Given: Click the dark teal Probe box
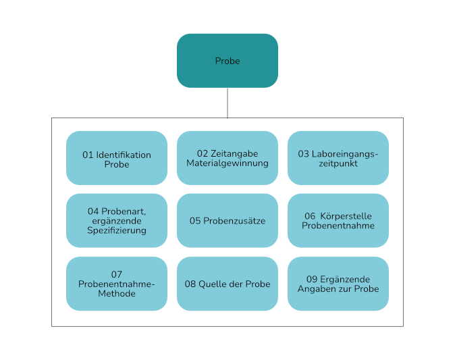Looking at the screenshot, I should [x=228, y=61].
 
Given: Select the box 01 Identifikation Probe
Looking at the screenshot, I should [x=117, y=158].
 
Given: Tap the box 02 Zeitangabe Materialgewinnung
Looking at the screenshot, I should [x=228, y=158].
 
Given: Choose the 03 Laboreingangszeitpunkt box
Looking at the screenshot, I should [x=338, y=158].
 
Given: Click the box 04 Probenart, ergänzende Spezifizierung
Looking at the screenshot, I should [x=117, y=221].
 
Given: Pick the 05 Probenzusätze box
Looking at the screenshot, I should [x=228, y=221].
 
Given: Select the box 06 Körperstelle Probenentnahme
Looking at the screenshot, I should [x=338, y=221].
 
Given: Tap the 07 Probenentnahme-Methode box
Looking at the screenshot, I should [x=117, y=284].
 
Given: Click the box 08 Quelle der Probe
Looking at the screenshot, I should [x=228, y=284].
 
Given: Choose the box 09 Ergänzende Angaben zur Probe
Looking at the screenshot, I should [x=338, y=284].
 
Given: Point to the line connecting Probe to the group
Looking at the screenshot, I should [x=228, y=103].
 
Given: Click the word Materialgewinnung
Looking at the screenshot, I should [x=228, y=163].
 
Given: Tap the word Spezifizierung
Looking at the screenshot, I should [x=117, y=230].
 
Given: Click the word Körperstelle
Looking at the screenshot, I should [x=346, y=216].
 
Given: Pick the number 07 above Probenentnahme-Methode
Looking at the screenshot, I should [x=117, y=274].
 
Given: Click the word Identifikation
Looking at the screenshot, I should [x=124, y=155].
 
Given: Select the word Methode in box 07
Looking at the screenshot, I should [x=117, y=294].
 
